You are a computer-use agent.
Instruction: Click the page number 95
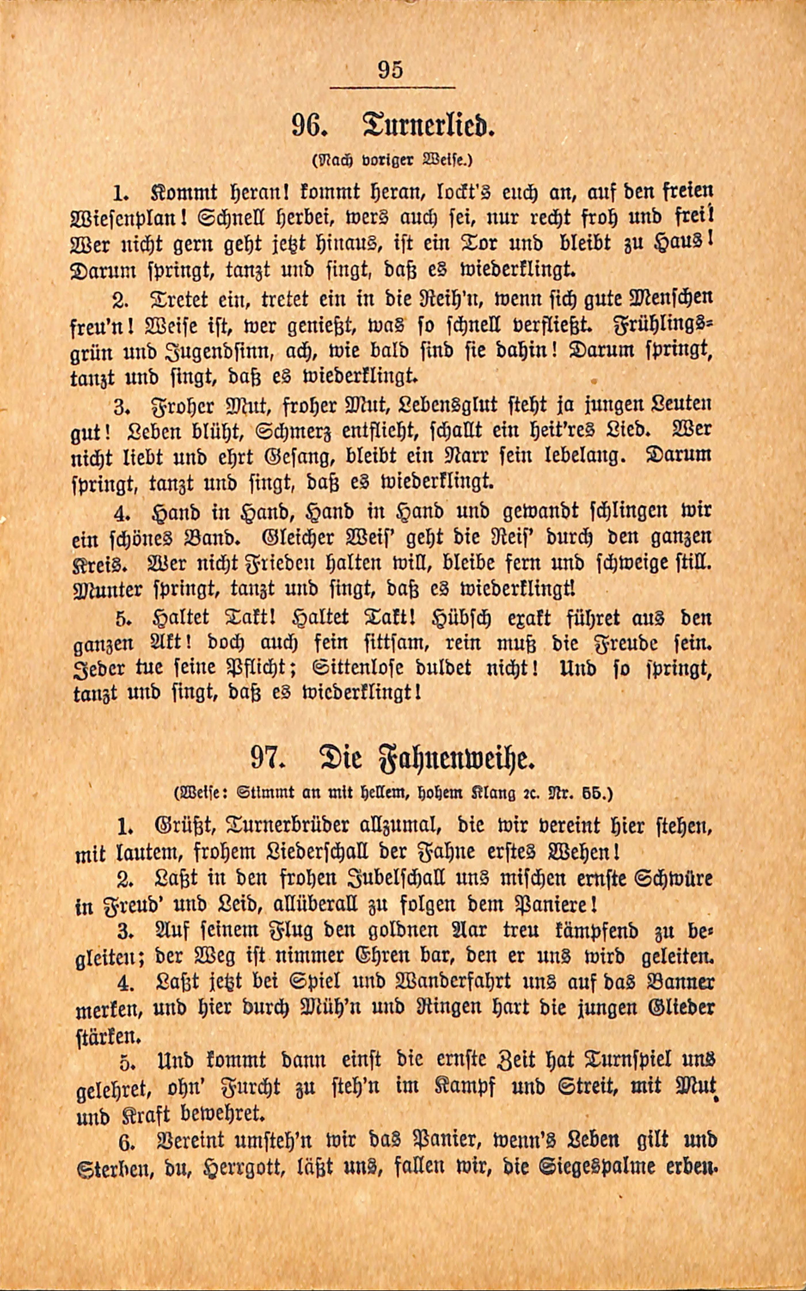tap(390, 70)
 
